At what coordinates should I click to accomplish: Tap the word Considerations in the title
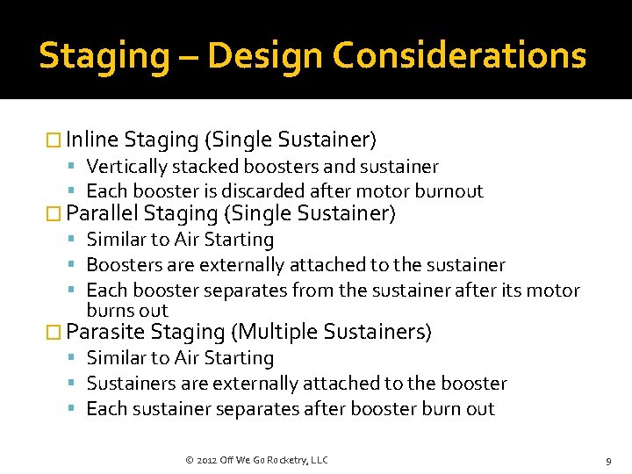459,56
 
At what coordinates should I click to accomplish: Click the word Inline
92,140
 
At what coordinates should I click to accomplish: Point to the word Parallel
102,213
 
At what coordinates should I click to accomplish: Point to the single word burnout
449,191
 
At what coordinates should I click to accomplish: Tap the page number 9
607,460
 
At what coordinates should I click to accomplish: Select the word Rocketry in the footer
285,460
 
